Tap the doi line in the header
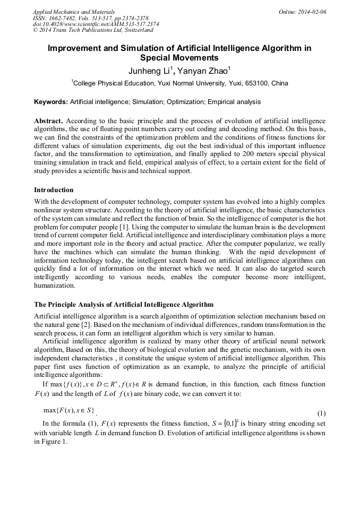click(96, 24)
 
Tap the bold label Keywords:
click(51, 101)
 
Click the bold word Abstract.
click(49, 121)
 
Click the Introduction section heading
click(54, 189)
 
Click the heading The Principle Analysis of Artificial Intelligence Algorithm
click(124, 305)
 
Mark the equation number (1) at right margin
click(321, 413)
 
